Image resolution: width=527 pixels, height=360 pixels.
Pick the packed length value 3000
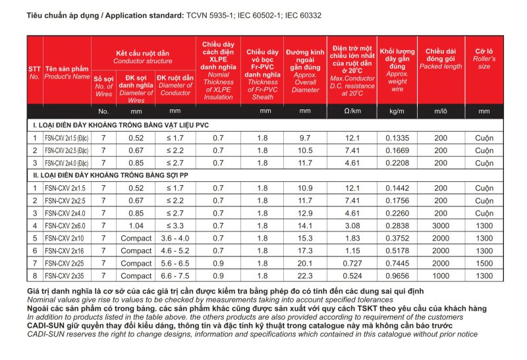pos(441,225)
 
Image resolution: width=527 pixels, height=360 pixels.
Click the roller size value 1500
pos(484,262)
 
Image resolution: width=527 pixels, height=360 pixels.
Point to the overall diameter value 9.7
pos(305,138)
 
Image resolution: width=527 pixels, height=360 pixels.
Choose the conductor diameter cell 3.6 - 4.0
pos(175,237)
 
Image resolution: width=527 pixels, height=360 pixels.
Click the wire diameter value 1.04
pos(136,225)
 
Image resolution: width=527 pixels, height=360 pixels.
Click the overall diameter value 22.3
pos(305,275)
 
